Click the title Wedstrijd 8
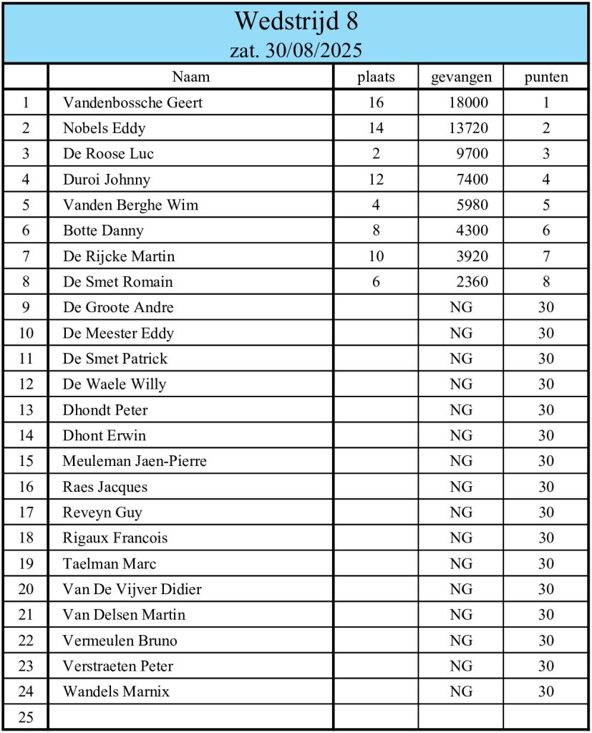tap(296, 21)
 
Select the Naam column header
tap(190, 77)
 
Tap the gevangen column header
tap(461, 77)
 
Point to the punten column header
tap(546, 77)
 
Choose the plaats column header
tap(376, 77)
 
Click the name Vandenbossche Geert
tap(132, 102)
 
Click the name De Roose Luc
tap(108, 154)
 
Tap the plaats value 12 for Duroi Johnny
tap(376, 180)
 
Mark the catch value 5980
tap(472, 205)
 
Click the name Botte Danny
tap(103, 230)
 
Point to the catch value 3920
tap(472, 256)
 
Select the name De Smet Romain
tap(117, 282)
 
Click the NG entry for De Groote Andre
tap(461, 308)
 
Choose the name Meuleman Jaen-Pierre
tap(135, 461)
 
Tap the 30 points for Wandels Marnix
tap(546, 691)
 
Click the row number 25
tap(26, 717)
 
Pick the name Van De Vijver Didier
tap(132, 589)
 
